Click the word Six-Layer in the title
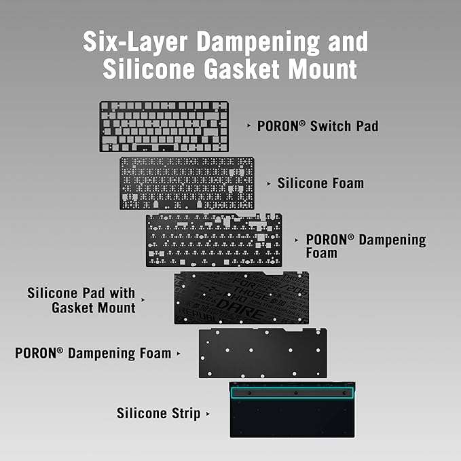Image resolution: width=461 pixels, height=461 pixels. pyautogui.click(x=135, y=41)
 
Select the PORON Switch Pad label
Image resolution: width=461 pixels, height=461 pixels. pyautogui.click(x=318, y=126)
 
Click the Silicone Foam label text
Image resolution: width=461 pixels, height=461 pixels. pyautogui.click(x=320, y=183)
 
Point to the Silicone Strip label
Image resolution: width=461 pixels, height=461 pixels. pyautogui.click(x=158, y=413)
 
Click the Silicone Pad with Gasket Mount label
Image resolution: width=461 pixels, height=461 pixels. pyautogui.click(x=81, y=300)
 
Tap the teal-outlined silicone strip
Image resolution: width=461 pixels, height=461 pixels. pyautogui.click(x=292, y=393)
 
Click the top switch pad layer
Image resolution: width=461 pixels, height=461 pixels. pyautogui.click(x=164, y=126)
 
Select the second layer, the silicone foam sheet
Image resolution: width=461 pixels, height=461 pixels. pyautogui.click(x=187, y=183)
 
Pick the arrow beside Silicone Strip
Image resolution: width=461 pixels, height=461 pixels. pyautogui.click(x=208, y=414)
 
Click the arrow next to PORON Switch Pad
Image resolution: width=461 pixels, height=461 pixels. pyautogui.click(x=248, y=126)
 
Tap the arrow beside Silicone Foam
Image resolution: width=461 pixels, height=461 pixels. pyautogui.click(x=269, y=184)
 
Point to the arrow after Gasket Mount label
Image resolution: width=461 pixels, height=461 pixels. pyautogui.click(x=143, y=300)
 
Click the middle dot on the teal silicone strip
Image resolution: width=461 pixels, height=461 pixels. pyautogui.click(x=296, y=393)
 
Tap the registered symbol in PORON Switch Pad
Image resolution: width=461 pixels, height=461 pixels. pyautogui.click(x=302, y=123)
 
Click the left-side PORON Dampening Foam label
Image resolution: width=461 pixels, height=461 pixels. pyautogui.click(x=93, y=353)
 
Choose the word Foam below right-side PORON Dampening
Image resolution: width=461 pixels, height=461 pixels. pyautogui.click(x=321, y=253)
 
